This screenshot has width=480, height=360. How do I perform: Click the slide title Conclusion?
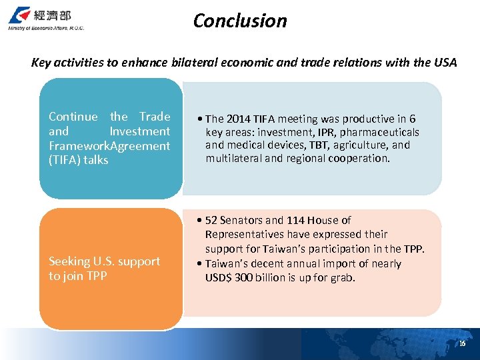click(240, 21)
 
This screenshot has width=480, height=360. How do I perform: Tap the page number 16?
click(462, 343)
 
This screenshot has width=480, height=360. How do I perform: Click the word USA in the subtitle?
click(445, 63)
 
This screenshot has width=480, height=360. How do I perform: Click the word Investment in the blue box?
click(140, 131)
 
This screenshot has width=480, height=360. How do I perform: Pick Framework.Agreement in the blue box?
click(109, 145)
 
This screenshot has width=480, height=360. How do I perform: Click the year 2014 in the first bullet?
click(239, 119)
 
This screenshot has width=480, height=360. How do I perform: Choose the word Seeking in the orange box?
click(69, 261)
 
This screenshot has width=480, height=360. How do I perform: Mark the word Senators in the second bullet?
click(241, 220)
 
